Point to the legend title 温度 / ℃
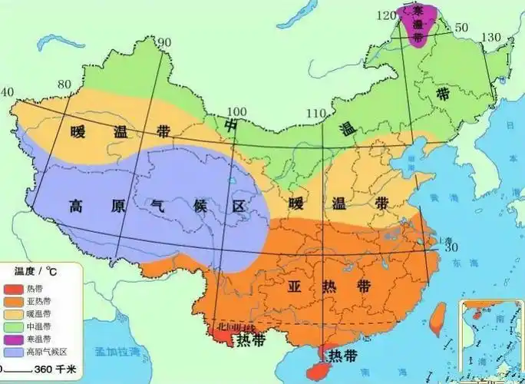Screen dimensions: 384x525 [35, 271]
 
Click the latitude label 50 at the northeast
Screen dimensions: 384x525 [462, 28]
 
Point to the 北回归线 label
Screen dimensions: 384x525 [235, 326]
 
